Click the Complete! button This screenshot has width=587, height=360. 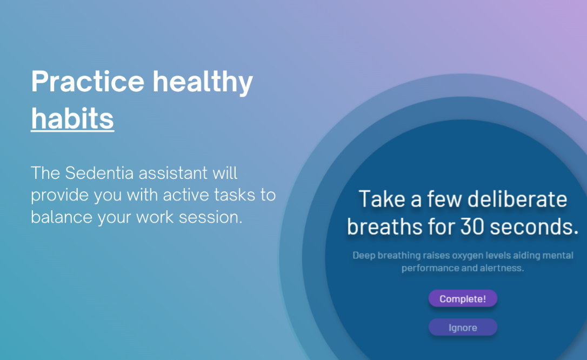coord(463,298)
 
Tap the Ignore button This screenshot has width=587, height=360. coord(463,328)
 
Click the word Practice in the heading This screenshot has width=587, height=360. coord(88,81)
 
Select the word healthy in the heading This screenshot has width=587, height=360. coord(203,82)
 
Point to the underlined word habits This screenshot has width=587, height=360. coord(72,118)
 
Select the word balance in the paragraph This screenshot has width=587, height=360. coord(62,217)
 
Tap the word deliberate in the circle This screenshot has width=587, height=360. coord(517,199)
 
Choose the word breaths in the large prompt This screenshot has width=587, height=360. coord(385,227)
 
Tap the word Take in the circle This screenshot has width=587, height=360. coord(382,199)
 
